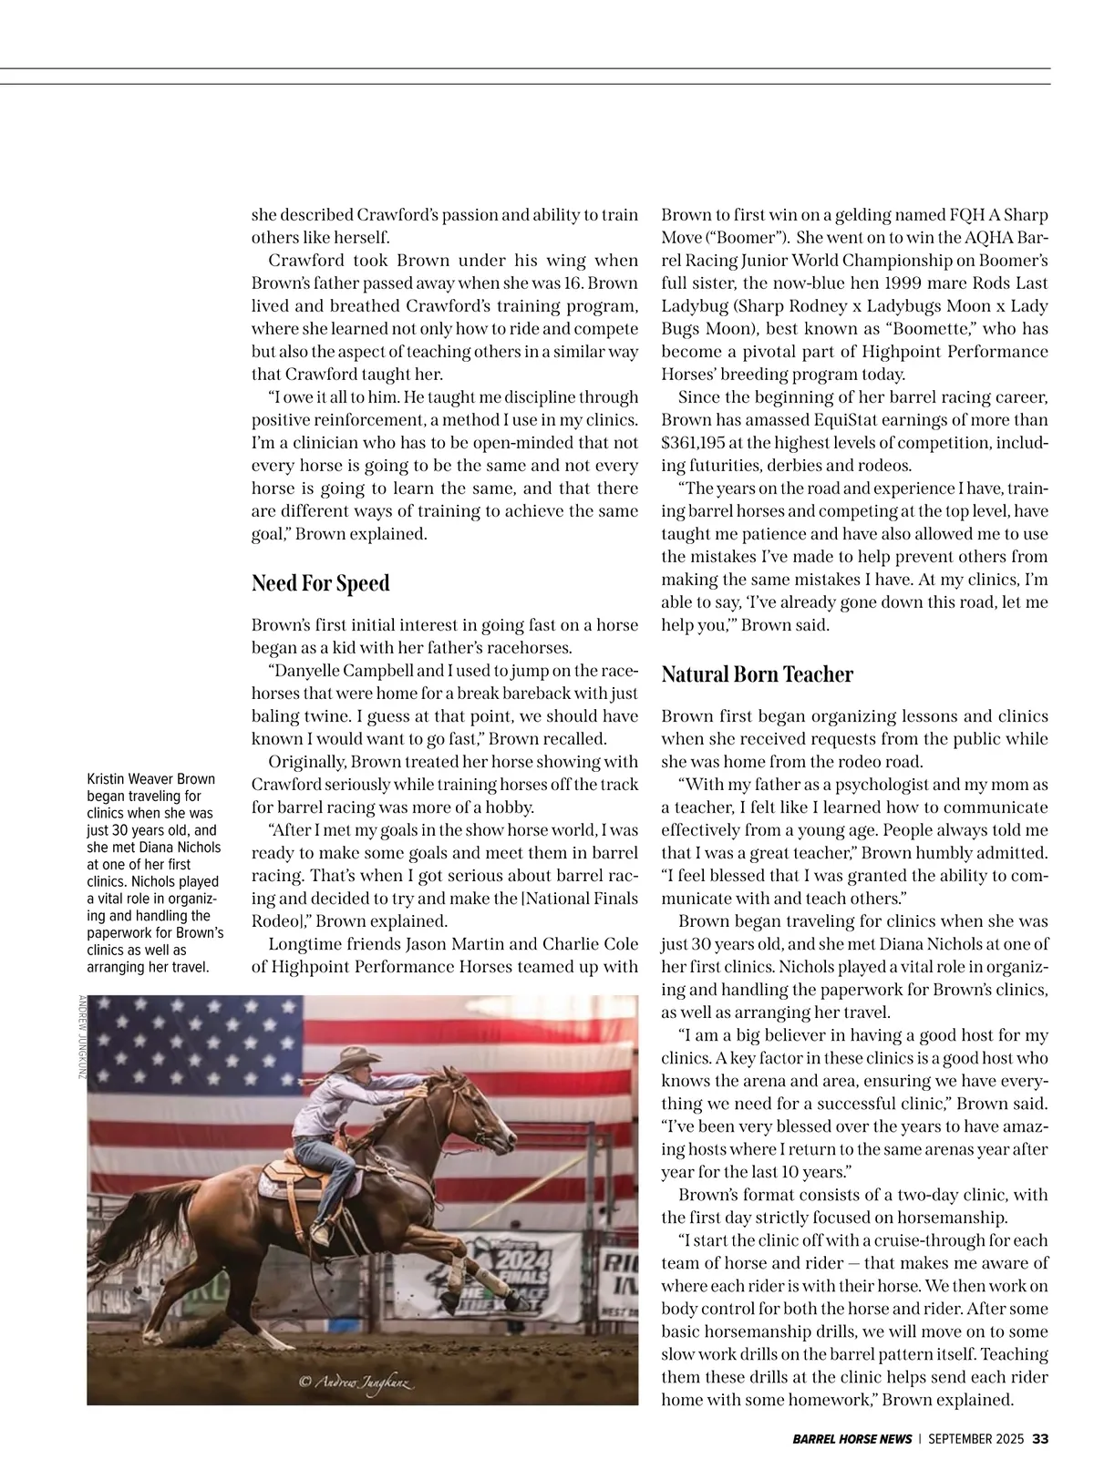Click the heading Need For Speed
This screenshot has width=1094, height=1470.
click(320, 583)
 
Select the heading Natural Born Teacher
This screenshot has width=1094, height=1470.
click(757, 674)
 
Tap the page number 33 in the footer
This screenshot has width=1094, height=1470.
click(1040, 1439)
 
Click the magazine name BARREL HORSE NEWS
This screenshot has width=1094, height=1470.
click(851, 1439)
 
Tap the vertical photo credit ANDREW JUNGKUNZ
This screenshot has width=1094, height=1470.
click(82, 1038)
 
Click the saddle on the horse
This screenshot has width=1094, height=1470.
click(292, 1176)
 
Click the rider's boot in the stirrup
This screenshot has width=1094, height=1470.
click(320, 1235)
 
